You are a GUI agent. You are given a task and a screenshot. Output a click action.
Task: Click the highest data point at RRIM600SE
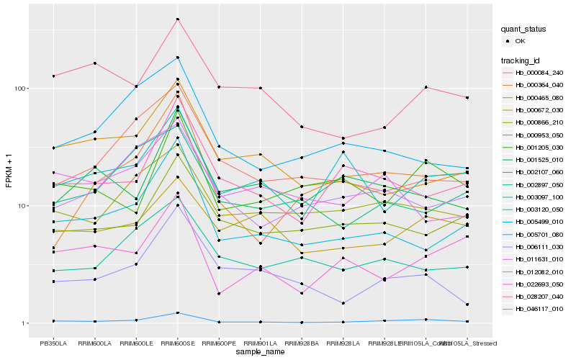point(177,19)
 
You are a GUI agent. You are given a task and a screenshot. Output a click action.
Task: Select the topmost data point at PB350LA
point(53,76)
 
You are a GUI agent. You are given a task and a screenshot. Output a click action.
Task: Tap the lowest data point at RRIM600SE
point(177,313)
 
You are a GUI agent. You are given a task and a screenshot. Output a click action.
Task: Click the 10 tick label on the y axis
point(22,206)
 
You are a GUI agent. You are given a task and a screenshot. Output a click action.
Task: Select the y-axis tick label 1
point(24,323)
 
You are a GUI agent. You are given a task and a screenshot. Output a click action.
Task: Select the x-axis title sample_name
point(260,352)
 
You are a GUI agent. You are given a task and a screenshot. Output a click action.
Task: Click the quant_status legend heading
point(524,30)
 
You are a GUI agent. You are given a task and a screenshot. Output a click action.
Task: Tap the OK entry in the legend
point(521,41)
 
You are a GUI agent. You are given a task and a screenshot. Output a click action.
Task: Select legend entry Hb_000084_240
point(539,72)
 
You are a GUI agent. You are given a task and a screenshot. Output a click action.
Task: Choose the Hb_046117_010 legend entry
point(539,309)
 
